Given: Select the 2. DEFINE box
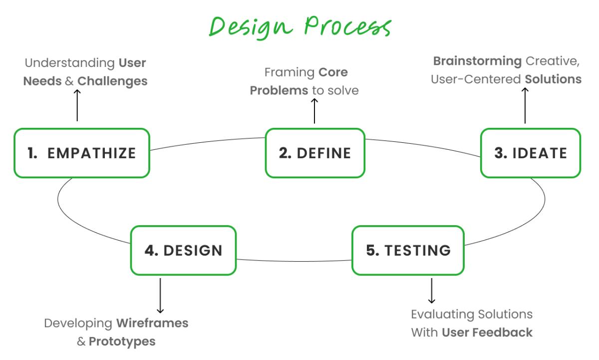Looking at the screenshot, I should click(314, 153).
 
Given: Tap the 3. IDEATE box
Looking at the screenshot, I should click(530, 153).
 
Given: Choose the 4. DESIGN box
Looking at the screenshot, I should click(183, 250).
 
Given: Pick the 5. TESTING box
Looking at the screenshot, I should click(408, 250).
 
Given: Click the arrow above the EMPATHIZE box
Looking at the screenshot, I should click(77, 105).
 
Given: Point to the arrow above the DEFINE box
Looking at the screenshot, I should click(314, 110).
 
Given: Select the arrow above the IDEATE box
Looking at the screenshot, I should click(525, 105).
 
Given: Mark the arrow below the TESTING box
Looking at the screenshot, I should click(432, 291).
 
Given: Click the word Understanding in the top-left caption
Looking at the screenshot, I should click(68, 63).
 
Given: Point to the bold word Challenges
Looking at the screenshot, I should click(112, 81).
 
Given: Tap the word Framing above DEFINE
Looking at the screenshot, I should click(288, 72).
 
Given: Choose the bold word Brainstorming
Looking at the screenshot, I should click(470, 61).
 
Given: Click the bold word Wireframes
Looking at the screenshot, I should click(152, 323).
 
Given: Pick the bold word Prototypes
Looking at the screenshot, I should click(122, 342).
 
